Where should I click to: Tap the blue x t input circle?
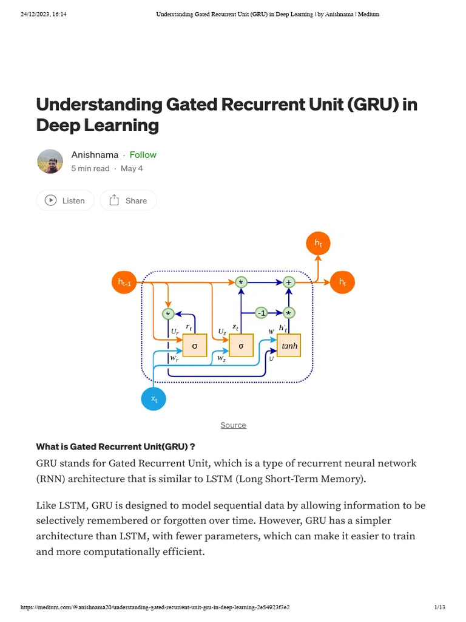[154, 399]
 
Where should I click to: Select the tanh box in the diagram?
[289, 346]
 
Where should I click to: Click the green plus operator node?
[289, 282]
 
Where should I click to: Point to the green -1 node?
[261, 313]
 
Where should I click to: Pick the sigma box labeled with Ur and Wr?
[195, 346]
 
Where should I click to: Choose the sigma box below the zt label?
[241, 346]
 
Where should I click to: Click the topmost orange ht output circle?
[318, 244]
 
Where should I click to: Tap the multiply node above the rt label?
[168, 314]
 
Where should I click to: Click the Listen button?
[66, 200]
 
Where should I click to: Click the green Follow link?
[143, 155]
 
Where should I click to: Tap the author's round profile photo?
[50, 161]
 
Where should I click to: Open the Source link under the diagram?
[233, 425]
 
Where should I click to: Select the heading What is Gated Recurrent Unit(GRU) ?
[115, 446]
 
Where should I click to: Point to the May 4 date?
[132, 168]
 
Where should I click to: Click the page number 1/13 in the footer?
[439, 607]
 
